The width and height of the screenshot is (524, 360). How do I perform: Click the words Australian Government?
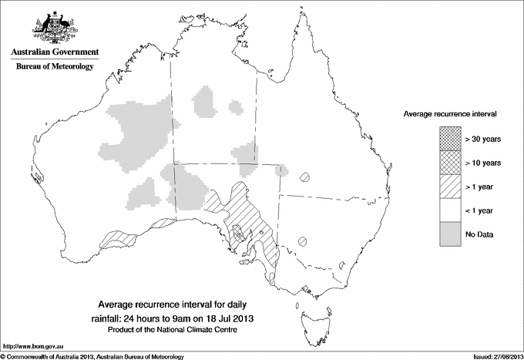[54, 52]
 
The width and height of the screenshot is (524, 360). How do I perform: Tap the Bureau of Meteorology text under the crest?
[54, 67]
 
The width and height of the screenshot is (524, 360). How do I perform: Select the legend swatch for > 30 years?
[450, 139]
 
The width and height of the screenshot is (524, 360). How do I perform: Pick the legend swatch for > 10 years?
[450, 163]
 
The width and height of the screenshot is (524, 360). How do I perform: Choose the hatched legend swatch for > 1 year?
[450, 187]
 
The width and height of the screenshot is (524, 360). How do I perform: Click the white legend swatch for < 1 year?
[450, 210]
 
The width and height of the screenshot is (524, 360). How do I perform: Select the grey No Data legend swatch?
[450, 234]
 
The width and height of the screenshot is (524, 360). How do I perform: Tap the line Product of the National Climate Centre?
[183, 330]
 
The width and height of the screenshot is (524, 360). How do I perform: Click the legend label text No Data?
[479, 234]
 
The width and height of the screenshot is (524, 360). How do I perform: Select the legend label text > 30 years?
[483, 139]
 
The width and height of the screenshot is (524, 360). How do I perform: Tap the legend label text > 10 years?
[483, 163]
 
